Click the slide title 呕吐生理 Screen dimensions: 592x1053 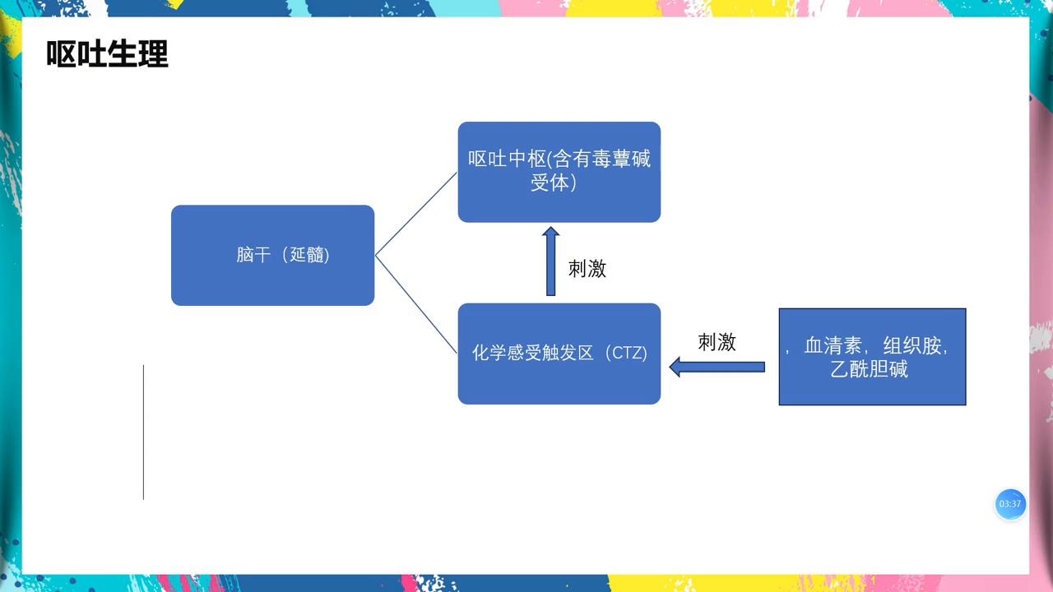(107, 54)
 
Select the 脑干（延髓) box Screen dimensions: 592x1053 (272, 255)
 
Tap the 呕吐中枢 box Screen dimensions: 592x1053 (559, 172)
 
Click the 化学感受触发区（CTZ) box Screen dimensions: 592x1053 (559, 354)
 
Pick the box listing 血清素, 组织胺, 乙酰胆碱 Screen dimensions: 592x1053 (872, 357)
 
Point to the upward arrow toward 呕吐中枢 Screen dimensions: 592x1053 (551, 261)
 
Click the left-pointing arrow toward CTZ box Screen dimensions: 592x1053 (717, 367)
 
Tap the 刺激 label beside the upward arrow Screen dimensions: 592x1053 (587, 268)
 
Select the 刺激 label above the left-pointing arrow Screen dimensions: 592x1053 (717, 342)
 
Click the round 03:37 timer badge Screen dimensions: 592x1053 (1010, 504)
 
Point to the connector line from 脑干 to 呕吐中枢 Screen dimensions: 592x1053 (416, 214)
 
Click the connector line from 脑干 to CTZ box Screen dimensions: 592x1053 (416, 304)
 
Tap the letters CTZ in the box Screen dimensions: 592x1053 (629, 354)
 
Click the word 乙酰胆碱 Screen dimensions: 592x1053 (869, 369)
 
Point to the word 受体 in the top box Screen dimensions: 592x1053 (550, 183)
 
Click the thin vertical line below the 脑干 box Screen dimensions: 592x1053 (144, 432)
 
